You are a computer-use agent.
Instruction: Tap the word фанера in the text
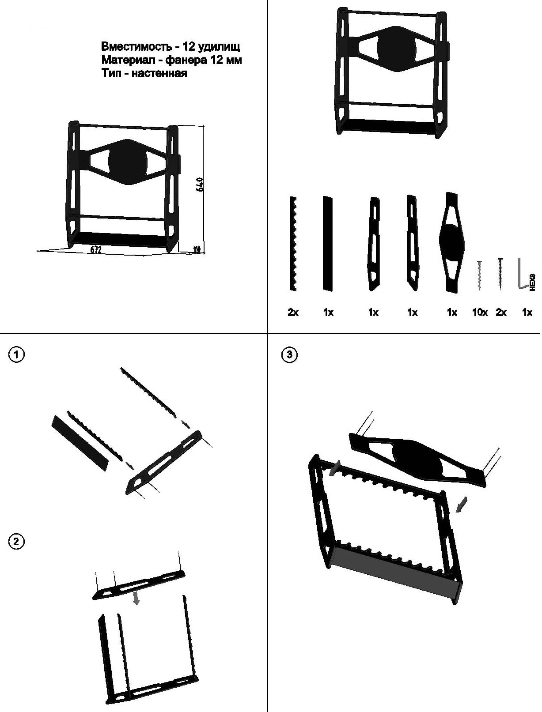[187, 60]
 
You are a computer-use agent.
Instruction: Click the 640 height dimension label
[199, 184]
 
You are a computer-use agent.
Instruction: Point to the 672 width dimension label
[96, 250]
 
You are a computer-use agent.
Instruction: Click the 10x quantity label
[480, 313]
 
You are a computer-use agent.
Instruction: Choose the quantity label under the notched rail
[293, 313]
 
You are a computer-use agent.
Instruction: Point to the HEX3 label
[532, 282]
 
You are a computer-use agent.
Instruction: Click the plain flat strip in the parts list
[327, 244]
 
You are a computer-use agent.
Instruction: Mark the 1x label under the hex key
[527, 313]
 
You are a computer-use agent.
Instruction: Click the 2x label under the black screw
[501, 313]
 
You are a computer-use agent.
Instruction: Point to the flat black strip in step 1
[80, 443]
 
